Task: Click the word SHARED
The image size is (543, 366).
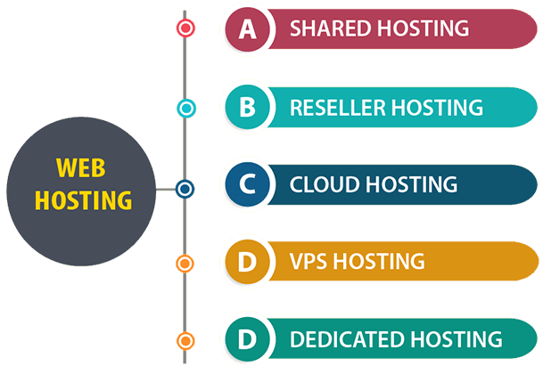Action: click(x=328, y=28)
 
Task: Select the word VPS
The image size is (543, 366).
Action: click(x=309, y=263)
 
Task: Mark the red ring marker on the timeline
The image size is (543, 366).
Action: click(x=185, y=28)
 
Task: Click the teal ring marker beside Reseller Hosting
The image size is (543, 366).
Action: click(x=185, y=109)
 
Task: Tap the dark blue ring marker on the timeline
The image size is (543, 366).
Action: click(x=185, y=189)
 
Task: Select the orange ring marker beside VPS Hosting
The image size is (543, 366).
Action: click(x=185, y=264)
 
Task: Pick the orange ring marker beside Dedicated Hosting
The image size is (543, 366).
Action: click(x=185, y=340)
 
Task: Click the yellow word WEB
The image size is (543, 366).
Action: click(x=83, y=168)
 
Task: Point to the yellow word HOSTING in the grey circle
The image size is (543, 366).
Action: click(x=83, y=198)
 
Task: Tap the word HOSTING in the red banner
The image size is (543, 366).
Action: click(x=424, y=28)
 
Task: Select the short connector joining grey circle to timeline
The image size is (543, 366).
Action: click(x=167, y=190)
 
